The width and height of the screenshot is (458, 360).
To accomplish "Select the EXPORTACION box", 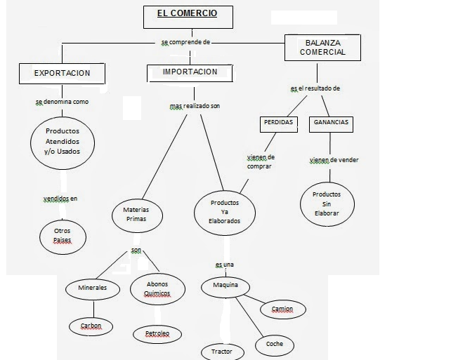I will (x=62, y=73).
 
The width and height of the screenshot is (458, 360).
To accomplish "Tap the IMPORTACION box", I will (x=190, y=72).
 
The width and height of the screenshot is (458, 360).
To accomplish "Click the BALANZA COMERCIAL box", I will (x=322, y=47).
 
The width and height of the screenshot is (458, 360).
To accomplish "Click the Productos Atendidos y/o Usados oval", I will (x=63, y=142).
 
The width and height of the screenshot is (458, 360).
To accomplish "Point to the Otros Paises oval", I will (x=63, y=236).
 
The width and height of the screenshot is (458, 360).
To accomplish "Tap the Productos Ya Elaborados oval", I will (x=225, y=211).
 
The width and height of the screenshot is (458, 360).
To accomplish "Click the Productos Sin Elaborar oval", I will (x=326, y=204).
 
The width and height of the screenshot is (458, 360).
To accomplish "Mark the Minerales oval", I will (x=92, y=288).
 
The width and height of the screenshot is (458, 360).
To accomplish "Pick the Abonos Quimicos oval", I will (x=157, y=289).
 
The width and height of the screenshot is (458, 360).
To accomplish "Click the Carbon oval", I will (x=91, y=326).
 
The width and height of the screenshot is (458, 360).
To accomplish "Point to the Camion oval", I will (x=282, y=309).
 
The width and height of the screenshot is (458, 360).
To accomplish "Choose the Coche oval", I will (x=274, y=344).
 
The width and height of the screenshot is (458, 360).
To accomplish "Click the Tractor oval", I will (x=222, y=351).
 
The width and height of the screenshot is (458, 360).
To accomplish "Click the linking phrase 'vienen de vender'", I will (x=334, y=160).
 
